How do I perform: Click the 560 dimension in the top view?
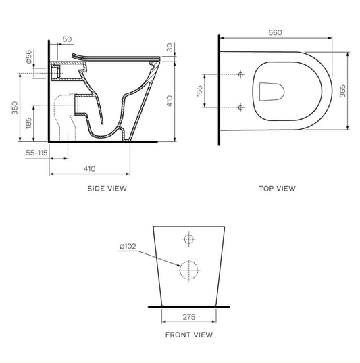tap(275, 32)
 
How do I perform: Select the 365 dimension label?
tap(342, 91)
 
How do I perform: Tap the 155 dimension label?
tap(199, 91)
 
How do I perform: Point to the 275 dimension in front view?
tap(189, 317)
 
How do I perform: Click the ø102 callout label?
tap(128, 246)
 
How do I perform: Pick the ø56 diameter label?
tap(28, 57)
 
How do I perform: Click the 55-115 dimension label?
tap(36, 153)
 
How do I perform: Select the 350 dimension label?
tap(15, 107)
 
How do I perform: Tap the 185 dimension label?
tap(28, 123)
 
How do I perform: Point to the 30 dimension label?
tap(170, 47)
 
